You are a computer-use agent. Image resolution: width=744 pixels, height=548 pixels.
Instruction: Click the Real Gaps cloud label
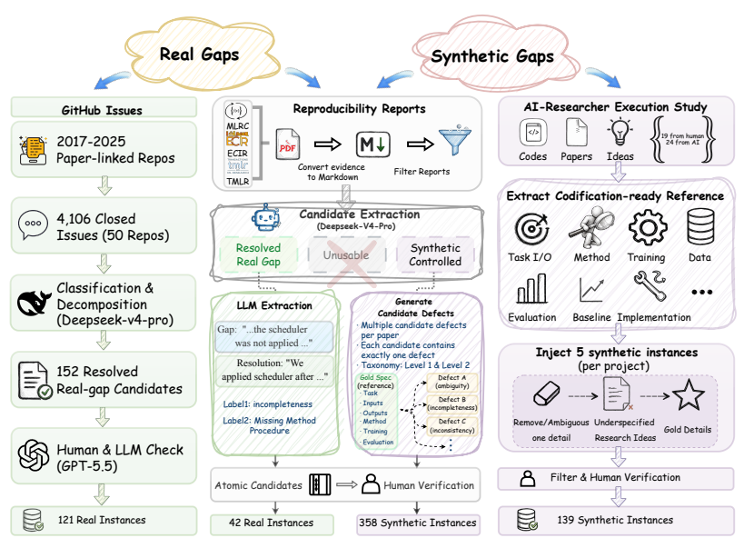click(x=199, y=55)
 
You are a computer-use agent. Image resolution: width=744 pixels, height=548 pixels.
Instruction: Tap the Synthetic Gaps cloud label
click(x=492, y=56)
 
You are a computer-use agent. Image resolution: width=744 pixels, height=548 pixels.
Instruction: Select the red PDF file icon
click(x=288, y=144)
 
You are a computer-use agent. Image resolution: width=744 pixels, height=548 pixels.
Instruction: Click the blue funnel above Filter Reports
click(x=455, y=141)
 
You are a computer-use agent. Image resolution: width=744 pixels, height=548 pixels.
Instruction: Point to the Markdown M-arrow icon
click(x=373, y=144)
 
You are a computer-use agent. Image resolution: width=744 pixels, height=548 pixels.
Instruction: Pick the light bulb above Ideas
click(x=620, y=132)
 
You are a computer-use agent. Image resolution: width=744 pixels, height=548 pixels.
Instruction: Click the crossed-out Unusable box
click(x=346, y=255)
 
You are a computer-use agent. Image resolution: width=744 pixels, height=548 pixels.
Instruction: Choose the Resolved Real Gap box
click(x=259, y=255)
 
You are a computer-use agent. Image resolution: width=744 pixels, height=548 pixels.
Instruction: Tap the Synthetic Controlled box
click(x=435, y=255)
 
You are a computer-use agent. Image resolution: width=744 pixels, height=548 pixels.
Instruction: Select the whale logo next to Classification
click(x=34, y=303)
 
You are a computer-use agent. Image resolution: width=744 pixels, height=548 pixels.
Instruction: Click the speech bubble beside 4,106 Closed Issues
click(x=33, y=225)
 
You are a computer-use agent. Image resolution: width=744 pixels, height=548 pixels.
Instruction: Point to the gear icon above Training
click(x=648, y=227)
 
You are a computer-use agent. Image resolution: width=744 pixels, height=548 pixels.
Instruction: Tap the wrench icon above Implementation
click(x=650, y=285)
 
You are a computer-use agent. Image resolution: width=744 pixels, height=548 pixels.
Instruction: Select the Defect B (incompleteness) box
click(x=452, y=404)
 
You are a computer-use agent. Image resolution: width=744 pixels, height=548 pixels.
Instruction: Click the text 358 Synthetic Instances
click(x=418, y=523)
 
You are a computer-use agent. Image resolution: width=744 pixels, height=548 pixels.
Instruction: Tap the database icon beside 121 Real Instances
click(x=34, y=520)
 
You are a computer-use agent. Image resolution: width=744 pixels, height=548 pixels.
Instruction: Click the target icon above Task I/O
click(x=531, y=229)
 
